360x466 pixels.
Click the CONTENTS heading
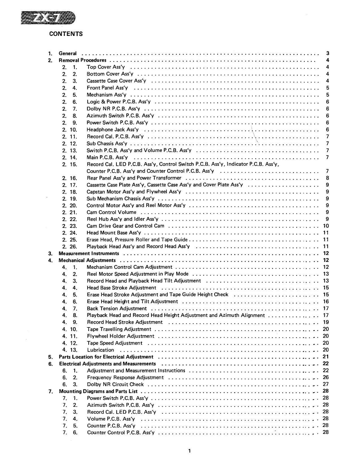pyautogui.click(x=66, y=34)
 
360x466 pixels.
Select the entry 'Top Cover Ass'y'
pyautogui.click(x=106, y=67)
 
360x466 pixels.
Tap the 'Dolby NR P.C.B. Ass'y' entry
pyautogui.click(x=115, y=109)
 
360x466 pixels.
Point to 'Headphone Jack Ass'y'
pyautogui.click(x=112, y=129)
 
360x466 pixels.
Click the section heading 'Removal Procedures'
pyautogui.click(x=82, y=60)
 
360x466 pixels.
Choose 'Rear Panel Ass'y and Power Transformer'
pyautogui.click(x=134, y=178)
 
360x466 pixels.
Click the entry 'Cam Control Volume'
pyautogui.click(x=111, y=212)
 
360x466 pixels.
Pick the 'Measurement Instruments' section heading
pyautogui.click(x=89, y=253)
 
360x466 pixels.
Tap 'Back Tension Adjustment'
pyautogui.click(x=117, y=308)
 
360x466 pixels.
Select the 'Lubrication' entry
pyautogui.click(x=101, y=350)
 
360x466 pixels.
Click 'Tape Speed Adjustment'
pyautogui.click(x=114, y=343)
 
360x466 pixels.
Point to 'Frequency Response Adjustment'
pyautogui.click(x=125, y=377)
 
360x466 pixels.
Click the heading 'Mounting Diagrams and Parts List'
pyautogui.click(x=98, y=391)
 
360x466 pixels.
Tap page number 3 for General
pyautogui.click(x=327, y=53)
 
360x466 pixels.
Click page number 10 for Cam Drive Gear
pyautogui.click(x=326, y=226)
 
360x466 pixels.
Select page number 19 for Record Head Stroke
pyautogui.click(x=326, y=322)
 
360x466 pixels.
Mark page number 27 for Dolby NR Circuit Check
pyautogui.click(x=326, y=384)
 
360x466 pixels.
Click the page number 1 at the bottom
pyautogui.click(x=189, y=451)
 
